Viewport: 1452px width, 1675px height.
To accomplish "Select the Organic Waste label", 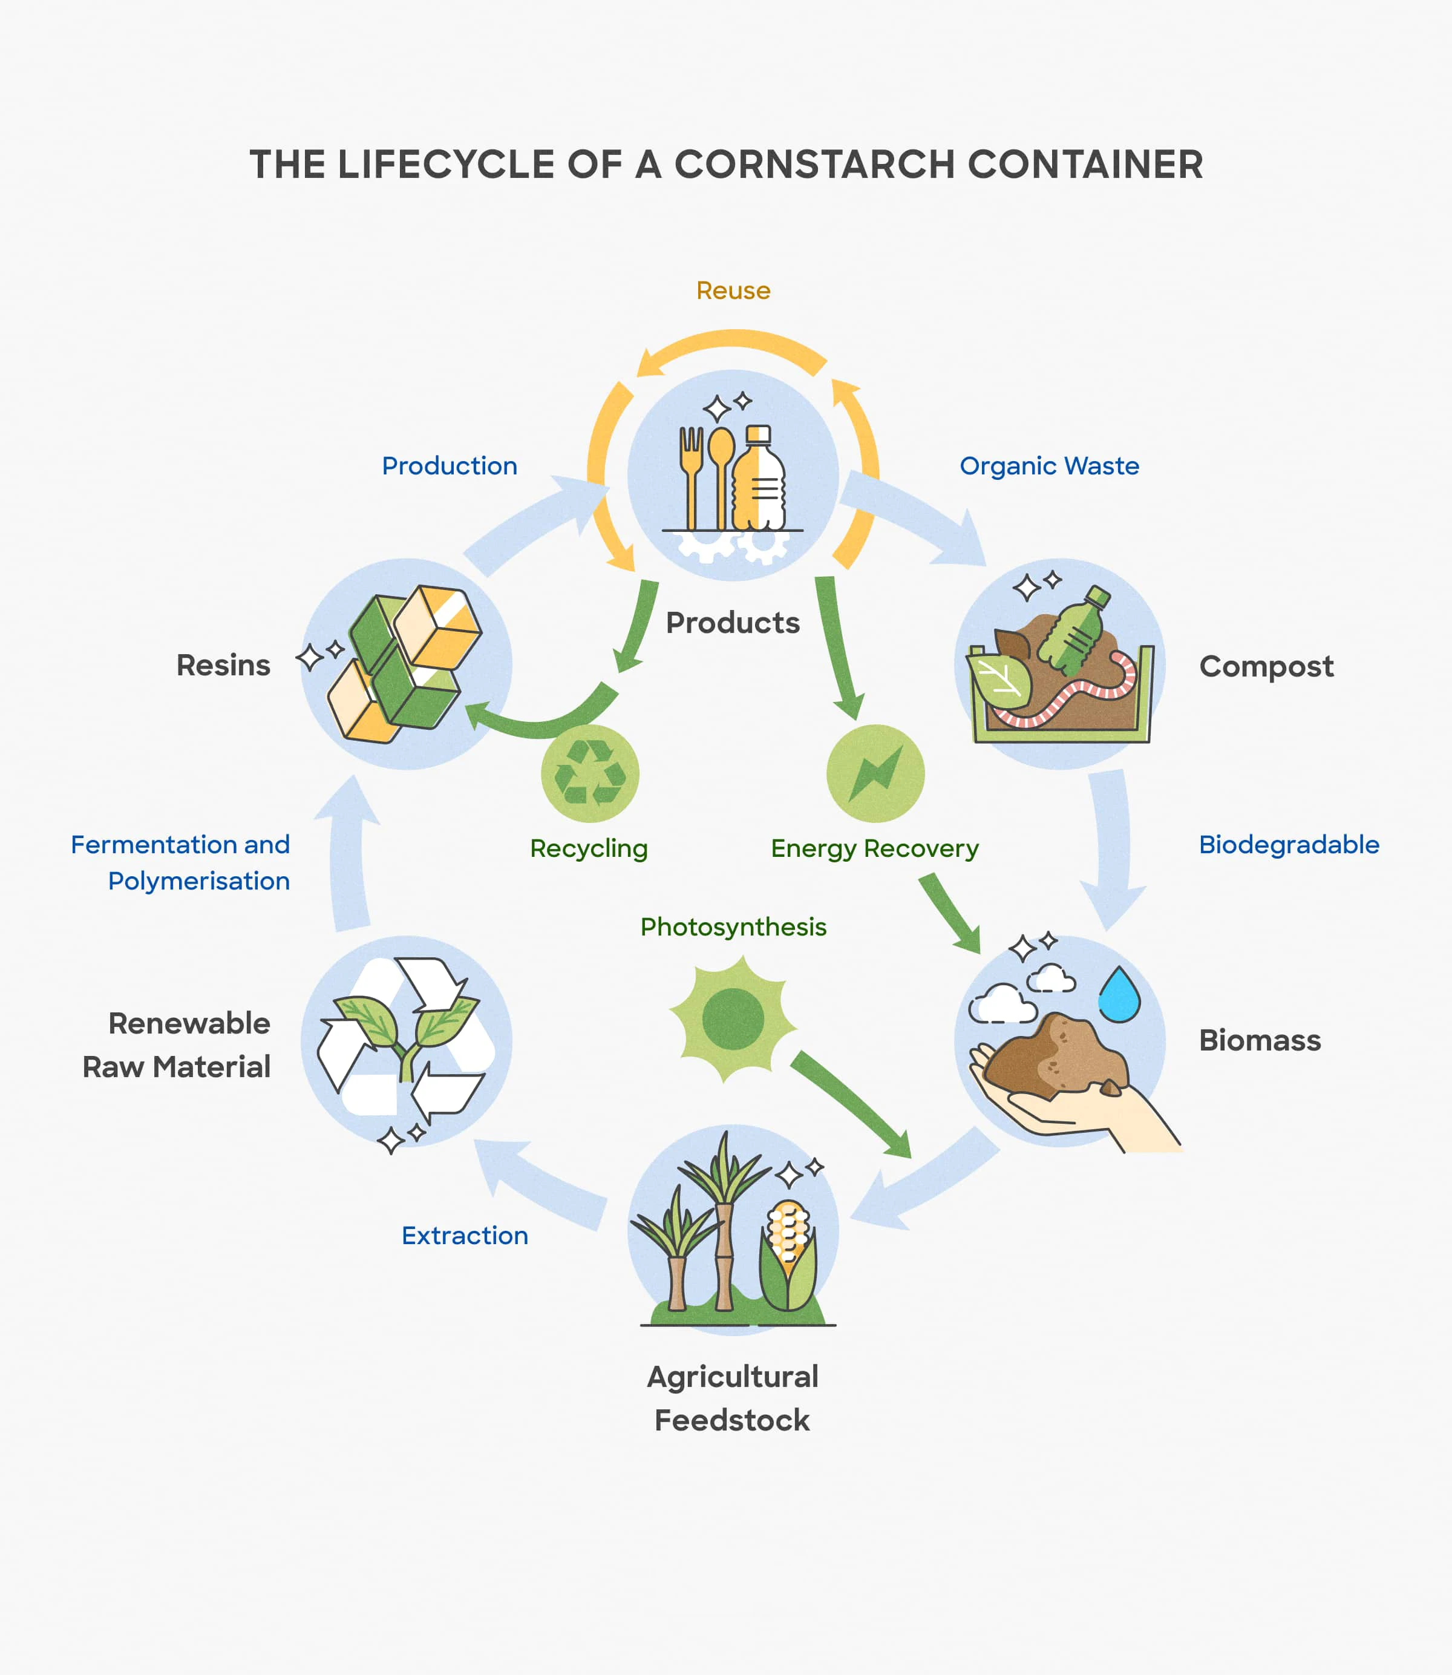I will [1048, 466].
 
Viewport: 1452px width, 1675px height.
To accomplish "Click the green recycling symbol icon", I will [590, 773].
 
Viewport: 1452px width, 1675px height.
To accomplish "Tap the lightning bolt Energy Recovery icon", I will [875, 773].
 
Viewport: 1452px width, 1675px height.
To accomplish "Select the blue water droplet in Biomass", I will [1119, 995].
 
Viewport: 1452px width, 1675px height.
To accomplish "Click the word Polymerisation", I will [198, 881].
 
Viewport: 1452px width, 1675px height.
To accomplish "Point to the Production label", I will [449, 466].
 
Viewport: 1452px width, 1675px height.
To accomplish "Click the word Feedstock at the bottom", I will [731, 1421].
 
